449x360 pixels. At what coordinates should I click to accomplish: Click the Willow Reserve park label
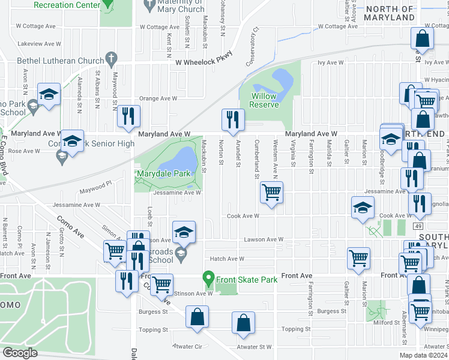point(264,100)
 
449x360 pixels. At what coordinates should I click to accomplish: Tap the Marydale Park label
point(163,173)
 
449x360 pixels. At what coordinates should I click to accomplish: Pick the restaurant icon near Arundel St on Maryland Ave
point(232,118)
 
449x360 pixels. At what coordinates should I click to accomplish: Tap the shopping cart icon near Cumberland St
point(271,192)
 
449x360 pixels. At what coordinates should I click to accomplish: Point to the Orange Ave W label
point(158,98)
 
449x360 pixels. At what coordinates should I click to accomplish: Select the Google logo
point(20,353)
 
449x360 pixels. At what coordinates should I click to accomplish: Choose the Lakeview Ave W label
point(39,44)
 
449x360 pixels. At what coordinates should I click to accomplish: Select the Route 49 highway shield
point(416,226)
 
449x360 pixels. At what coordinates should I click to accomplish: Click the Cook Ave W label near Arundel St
point(243,216)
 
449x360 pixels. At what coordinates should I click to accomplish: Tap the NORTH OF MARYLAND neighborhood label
point(390,13)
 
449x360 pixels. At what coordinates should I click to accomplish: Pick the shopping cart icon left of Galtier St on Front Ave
point(358,257)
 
